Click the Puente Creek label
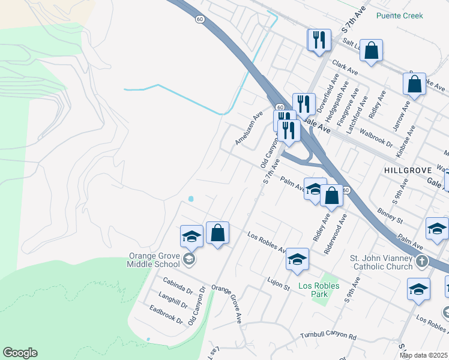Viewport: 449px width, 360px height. pyautogui.click(x=399, y=16)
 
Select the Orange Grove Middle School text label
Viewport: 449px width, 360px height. pyautogui.click(x=154, y=259)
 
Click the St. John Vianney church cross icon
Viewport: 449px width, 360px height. pyautogui.click(x=422, y=261)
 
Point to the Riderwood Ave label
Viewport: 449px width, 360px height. pyautogui.click(x=334, y=235)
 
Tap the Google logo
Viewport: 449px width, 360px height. pyautogui.click(x=20, y=353)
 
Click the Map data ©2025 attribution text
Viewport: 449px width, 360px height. pyautogui.click(x=423, y=355)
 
